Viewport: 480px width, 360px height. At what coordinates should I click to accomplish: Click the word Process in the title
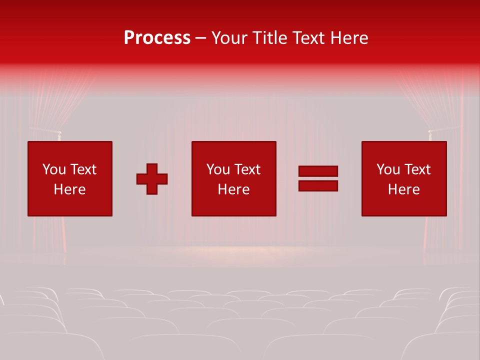tap(157, 38)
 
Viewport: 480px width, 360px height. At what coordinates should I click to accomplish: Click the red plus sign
tap(152, 178)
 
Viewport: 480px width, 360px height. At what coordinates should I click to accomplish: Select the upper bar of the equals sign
tap(318, 171)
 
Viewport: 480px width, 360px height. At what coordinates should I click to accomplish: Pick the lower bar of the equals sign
tap(318, 185)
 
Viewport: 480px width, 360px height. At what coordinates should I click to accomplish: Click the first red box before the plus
tap(70, 178)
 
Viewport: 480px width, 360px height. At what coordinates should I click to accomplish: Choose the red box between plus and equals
tap(233, 178)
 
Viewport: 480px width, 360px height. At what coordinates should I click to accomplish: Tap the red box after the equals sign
tap(404, 178)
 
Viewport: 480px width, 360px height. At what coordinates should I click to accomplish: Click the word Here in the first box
tap(69, 189)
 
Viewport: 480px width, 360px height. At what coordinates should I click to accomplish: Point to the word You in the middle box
tap(218, 169)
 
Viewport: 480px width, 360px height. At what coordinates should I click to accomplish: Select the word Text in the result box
tap(417, 169)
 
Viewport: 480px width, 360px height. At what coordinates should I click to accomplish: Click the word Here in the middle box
tap(233, 189)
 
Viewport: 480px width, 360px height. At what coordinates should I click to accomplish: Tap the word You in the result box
tap(388, 169)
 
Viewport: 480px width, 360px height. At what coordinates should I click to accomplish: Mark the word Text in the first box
tap(83, 169)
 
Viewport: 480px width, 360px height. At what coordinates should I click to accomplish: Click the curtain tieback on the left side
tap(58, 133)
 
